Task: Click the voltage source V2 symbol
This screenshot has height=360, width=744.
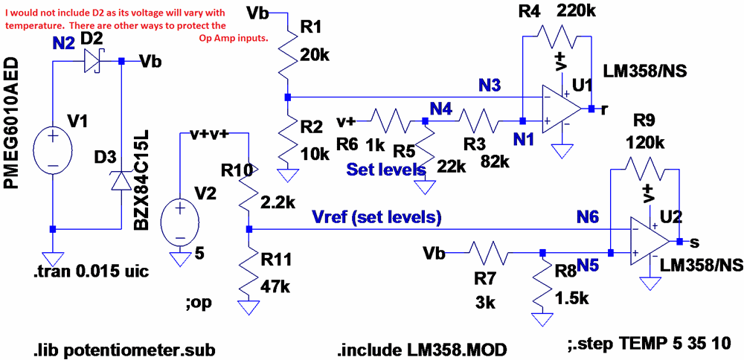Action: [180, 220]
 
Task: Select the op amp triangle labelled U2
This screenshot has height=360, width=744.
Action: [648, 240]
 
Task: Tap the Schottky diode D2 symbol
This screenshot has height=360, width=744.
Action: [92, 61]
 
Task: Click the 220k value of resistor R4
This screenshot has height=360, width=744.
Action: [576, 10]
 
